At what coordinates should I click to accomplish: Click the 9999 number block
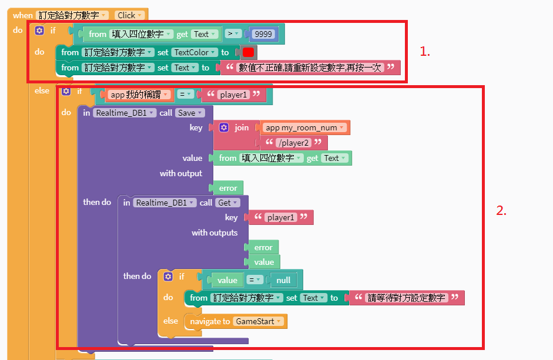pos(263,34)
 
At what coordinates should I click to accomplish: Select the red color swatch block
pos(248,52)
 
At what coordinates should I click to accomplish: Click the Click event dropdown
pos(129,15)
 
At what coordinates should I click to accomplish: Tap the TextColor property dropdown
pos(195,52)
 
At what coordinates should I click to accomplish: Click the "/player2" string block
pos(294,143)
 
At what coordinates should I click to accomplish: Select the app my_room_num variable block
pos(305,127)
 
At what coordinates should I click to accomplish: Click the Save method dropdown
pos(189,113)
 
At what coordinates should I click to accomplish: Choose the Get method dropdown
pos(227,203)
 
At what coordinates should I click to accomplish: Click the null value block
pos(283,280)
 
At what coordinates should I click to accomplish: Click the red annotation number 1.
pos(425,52)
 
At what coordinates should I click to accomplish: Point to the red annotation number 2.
pos(501,211)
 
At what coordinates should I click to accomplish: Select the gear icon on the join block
pos(224,127)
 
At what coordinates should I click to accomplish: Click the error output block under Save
pos(228,188)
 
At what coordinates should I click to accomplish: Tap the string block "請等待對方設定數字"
pos(407,298)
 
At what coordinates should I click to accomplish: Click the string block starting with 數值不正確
pos(310,68)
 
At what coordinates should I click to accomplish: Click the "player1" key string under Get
pos(280,217)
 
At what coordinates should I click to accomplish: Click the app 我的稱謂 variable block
pos(140,95)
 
